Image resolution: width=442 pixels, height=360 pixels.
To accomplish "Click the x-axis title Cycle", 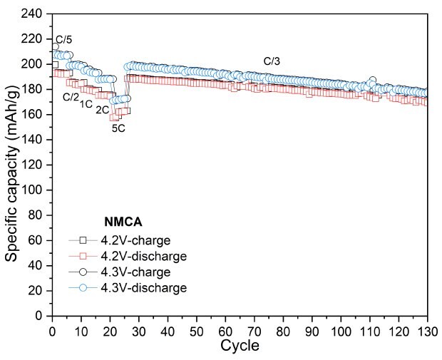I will point(240,346).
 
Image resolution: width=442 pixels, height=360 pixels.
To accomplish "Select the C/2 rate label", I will point(71,97).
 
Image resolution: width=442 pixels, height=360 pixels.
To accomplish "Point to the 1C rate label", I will point(86,104).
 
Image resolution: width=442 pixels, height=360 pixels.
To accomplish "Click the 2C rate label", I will point(103,110).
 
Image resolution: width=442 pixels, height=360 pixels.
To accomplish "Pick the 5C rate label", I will point(119,128).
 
